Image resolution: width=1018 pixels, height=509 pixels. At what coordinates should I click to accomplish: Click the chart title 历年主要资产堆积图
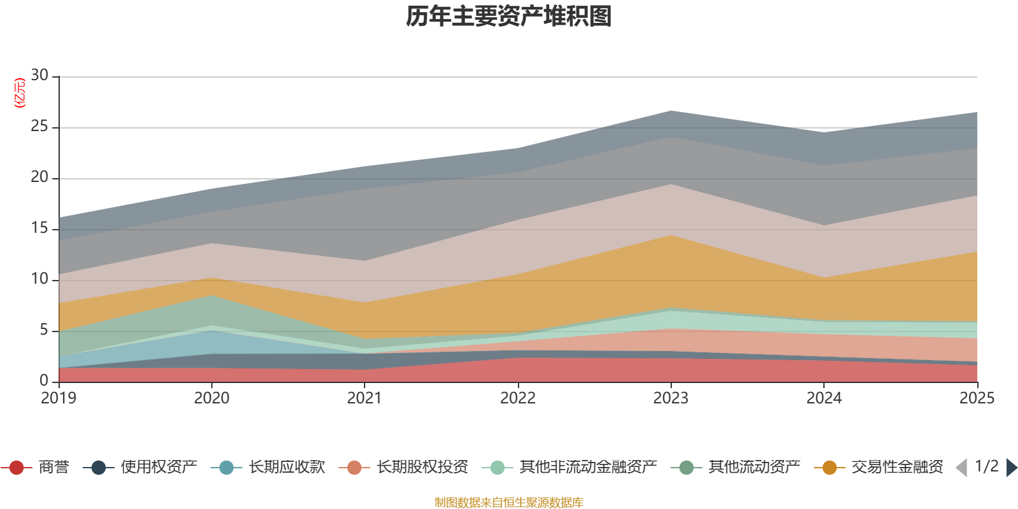[509, 17]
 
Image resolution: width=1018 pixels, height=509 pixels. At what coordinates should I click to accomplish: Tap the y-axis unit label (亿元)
[20, 93]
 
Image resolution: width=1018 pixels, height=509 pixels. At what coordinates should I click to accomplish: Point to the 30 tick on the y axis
[39, 76]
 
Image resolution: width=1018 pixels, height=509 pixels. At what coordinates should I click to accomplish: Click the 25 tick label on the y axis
[39, 127]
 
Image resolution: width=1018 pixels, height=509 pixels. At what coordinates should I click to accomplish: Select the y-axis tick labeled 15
[39, 228]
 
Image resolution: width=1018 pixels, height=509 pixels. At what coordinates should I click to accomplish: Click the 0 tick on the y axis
[44, 380]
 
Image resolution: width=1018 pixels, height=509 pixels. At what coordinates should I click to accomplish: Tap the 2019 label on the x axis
[59, 398]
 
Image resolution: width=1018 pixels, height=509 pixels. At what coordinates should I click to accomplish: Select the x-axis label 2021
[364, 398]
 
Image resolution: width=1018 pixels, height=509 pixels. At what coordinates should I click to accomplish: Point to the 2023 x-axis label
[671, 398]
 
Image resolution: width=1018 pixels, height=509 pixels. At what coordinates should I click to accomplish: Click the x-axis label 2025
[976, 398]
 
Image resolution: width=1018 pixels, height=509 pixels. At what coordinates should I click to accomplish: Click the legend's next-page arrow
[1012, 468]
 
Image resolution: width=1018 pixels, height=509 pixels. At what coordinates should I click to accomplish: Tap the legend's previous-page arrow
[961, 468]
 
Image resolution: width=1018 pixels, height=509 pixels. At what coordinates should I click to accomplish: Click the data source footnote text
[509, 503]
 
